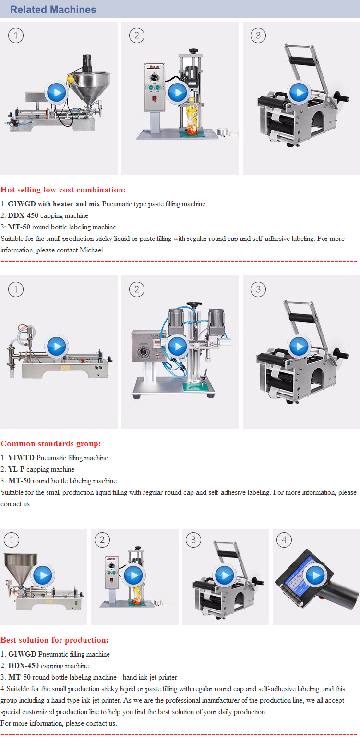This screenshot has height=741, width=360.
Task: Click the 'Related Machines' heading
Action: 53,9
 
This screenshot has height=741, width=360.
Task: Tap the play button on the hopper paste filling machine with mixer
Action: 57,92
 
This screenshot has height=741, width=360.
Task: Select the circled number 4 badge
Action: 284,540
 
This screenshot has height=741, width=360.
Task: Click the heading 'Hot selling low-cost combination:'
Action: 63,190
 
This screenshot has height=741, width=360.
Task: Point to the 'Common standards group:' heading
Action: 50,443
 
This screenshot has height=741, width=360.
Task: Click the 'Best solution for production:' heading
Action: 55,640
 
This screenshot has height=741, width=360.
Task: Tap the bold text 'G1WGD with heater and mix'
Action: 54,204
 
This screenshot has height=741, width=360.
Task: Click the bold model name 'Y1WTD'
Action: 21,457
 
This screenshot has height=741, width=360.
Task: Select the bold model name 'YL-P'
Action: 16,469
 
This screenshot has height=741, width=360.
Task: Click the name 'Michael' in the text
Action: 92,250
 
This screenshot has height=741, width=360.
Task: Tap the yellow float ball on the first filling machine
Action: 70,79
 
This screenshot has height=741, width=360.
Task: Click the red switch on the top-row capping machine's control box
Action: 154,98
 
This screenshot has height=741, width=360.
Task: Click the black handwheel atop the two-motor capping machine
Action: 194,304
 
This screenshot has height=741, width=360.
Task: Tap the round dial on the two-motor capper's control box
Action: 144,353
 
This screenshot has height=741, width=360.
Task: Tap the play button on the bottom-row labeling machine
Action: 225,575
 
